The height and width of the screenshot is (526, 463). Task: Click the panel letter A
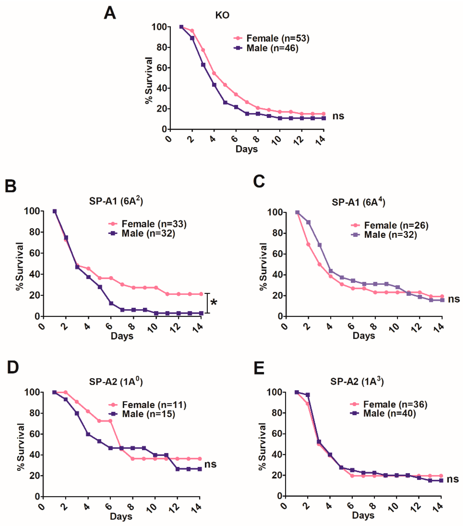(110, 13)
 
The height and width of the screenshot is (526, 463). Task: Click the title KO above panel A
(222, 15)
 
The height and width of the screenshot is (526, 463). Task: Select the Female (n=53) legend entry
(271, 38)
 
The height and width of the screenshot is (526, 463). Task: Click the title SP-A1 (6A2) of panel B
(116, 201)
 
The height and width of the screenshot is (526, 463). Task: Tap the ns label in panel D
(210, 464)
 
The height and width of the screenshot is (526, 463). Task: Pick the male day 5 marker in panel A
(225, 102)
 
